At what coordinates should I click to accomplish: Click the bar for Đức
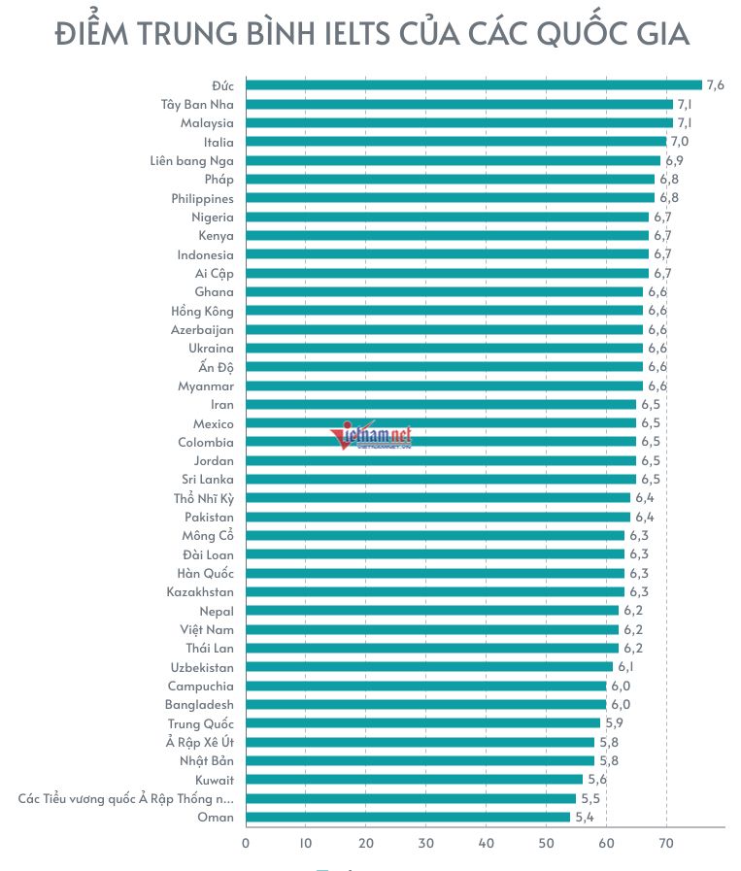pos(473,85)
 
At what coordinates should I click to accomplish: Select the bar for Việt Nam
pos(431,629)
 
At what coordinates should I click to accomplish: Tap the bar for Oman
pos(408,818)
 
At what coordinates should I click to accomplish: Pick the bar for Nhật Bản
pos(420,761)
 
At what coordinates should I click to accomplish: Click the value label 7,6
pos(716,85)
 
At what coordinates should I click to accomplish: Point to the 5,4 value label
pos(584,818)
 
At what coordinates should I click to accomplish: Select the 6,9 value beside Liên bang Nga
pos(674,160)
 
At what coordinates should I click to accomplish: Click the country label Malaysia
pos(207,123)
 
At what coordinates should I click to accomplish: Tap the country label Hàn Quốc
pos(206,573)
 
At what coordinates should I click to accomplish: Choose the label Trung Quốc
pos(201,723)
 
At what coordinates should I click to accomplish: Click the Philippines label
pos(202,198)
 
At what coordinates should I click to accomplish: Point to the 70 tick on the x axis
pos(666,843)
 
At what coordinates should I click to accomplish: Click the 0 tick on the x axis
pos(246,843)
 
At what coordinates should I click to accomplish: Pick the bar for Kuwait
pos(414,780)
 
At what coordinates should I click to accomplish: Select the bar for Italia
pos(455,142)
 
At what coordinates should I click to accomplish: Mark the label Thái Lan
pos(210,648)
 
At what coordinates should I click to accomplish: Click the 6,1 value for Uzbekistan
pos(626,667)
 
